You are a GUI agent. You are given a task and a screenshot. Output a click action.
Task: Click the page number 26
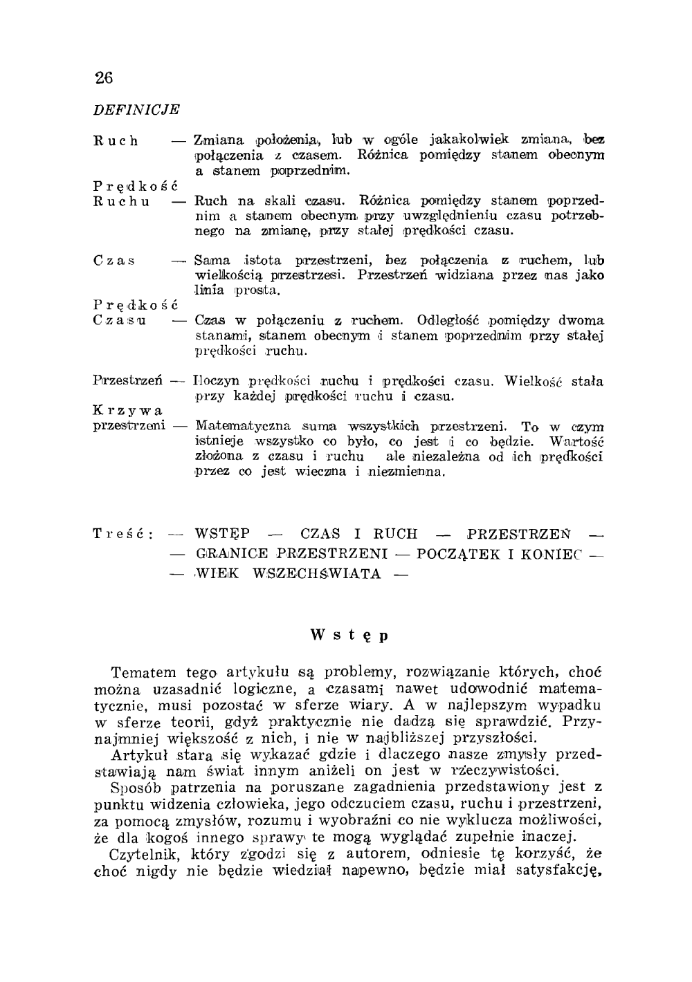click(x=104, y=77)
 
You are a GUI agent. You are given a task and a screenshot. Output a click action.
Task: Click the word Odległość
click(x=450, y=321)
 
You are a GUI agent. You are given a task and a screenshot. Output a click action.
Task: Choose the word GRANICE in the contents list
click(x=231, y=554)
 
